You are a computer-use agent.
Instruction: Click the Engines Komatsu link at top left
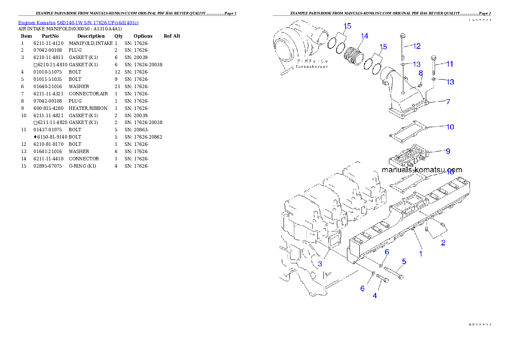[x=78, y=22]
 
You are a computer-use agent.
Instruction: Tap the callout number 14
[x=364, y=36]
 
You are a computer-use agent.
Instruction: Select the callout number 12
[x=417, y=46]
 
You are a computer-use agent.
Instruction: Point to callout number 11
[x=450, y=64]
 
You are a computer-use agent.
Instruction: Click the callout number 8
[x=420, y=73]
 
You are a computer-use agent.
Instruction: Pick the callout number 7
[x=448, y=102]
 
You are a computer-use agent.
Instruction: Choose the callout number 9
[x=447, y=151]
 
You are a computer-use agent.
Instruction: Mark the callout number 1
[x=420, y=254]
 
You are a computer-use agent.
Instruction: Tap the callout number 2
[x=443, y=243]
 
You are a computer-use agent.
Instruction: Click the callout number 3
[x=320, y=264]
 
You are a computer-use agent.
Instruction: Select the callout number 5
[x=404, y=261]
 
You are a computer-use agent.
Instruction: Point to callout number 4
[x=375, y=295]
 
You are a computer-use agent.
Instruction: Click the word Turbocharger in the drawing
[x=312, y=67]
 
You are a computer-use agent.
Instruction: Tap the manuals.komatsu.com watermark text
[x=421, y=170]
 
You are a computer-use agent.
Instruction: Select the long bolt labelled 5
[x=394, y=272]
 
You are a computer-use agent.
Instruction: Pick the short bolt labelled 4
[x=382, y=279]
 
